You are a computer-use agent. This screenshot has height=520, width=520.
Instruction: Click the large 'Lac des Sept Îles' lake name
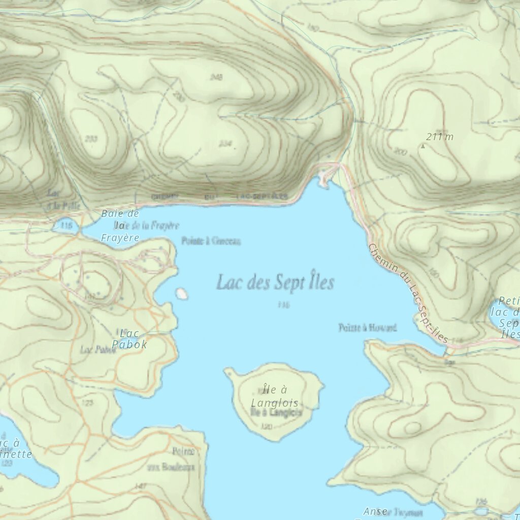click(x=275, y=282)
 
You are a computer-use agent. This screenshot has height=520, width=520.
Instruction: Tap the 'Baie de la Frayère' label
click(x=120, y=225)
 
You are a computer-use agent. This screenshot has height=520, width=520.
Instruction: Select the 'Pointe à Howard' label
click(x=367, y=328)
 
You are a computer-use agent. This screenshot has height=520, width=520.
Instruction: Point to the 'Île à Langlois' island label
click(x=275, y=396)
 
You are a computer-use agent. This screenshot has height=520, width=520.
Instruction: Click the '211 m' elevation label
click(x=440, y=136)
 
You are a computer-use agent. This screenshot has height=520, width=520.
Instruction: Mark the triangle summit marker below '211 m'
click(x=422, y=146)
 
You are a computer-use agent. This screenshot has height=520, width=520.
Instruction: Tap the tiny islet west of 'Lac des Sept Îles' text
click(x=181, y=294)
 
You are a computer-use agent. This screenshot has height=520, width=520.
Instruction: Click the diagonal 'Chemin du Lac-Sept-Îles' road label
click(x=408, y=294)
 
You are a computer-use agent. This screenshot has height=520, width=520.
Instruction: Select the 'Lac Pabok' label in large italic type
click(x=130, y=339)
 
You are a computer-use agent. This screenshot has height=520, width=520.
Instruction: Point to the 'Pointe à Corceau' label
click(x=211, y=242)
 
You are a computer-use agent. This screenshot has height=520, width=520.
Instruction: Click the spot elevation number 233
click(x=91, y=139)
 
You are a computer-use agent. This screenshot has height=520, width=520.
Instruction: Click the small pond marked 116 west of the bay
click(x=66, y=225)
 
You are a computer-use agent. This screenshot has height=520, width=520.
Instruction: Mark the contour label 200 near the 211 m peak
click(x=400, y=151)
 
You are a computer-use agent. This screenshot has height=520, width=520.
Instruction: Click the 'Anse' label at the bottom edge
click(x=375, y=511)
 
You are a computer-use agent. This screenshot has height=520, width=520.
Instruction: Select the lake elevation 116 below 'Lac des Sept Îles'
click(x=283, y=305)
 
